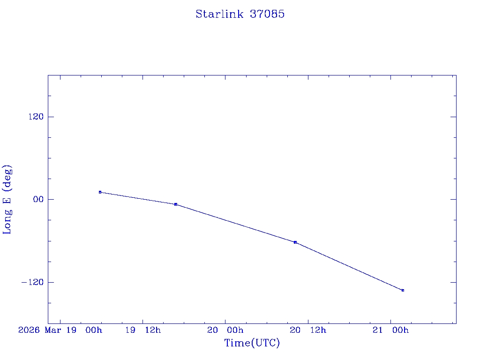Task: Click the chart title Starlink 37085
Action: pyautogui.click(x=240, y=14)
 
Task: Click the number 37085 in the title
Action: pyautogui.click(x=267, y=14)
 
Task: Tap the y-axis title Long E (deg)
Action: pyautogui.click(x=7, y=199)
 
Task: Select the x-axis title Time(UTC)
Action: pyautogui.click(x=252, y=343)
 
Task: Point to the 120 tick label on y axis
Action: pyautogui.click(x=36, y=117)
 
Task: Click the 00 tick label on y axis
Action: pyautogui.click(x=37, y=199)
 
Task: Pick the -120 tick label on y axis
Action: pyautogui.click(x=33, y=282)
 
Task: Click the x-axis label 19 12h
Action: pyautogui.click(x=143, y=330)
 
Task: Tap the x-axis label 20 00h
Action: pyautogui.click(x=225, y=330)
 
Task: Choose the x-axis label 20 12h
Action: pyautogui.click(x=308, y=330)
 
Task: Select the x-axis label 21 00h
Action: pyautogui.click(x=390, y=330)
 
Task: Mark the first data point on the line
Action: pyautogui.click(x=100, y=192)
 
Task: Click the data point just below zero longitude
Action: pyautogui.click(x=176, y=204)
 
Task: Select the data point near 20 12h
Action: pyautogui.click(x=295, y=242)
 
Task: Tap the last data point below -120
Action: pyautogui.click(x=403, y=291)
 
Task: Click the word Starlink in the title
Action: pyautogui.click(x=219, y=14)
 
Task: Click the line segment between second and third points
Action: pyautogui.click(x=235, y=223)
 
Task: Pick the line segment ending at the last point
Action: pyautogui.click(x=349, y=266)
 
